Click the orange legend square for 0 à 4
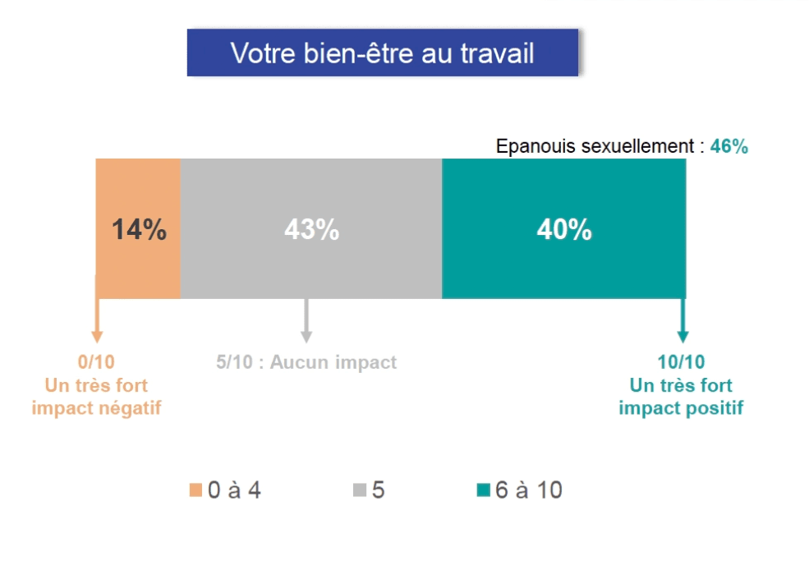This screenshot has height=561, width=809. click(x=195, y=491)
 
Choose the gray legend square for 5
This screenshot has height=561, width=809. click(x=360, y=491)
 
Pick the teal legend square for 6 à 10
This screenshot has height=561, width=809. click(x=484, y=491)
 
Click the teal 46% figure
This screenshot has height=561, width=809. click(x=729, y=147)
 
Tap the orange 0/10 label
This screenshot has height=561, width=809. click(x=97, y=362)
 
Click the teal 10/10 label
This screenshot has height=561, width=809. click(x=682, y=362)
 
